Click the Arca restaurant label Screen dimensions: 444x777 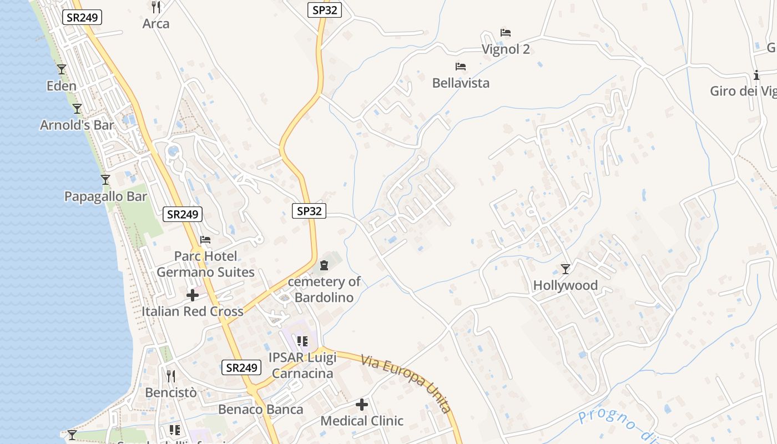[156, 24]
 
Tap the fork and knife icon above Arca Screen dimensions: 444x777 [156, 7]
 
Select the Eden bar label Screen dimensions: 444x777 [62, 86]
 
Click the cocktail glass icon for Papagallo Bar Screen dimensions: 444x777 [105, 180]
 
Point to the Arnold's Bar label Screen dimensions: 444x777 [77, 125]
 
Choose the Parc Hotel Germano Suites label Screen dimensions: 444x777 [205, 264]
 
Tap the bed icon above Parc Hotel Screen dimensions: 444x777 [205, 240]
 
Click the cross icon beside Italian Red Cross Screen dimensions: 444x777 [193, 295]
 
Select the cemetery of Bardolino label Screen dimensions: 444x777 [324, 289]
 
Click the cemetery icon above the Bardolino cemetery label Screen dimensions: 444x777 [324, 265]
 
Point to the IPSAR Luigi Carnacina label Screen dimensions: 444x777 [302, 365]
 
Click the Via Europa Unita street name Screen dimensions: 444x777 [406, 384]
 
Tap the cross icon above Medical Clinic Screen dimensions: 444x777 [362, 405]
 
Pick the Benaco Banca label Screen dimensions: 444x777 [261, 410]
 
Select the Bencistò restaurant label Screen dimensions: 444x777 [171, 393]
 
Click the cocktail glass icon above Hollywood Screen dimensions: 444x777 [566, 269]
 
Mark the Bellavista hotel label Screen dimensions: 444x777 [461, 83]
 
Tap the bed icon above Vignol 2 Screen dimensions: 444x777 [505, 33]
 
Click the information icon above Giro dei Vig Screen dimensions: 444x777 [756, 75]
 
